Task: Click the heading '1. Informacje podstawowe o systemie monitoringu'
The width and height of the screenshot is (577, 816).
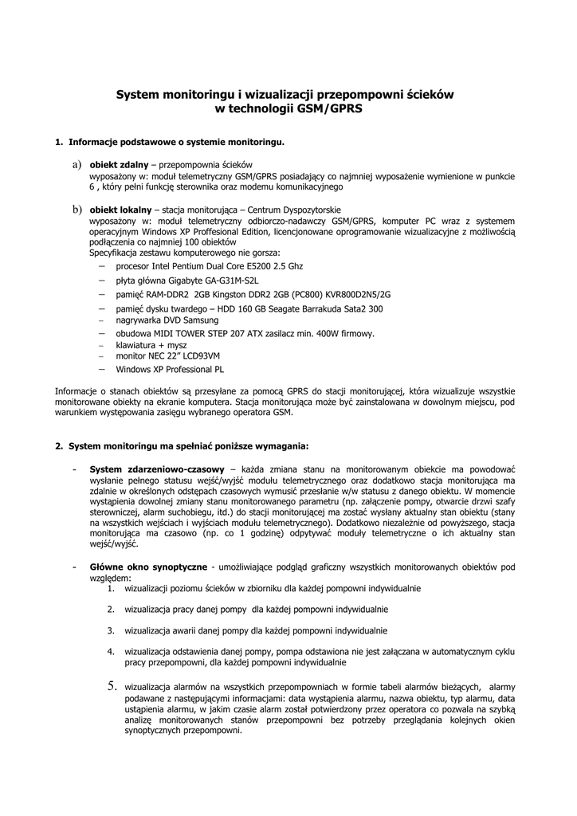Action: (170, 143)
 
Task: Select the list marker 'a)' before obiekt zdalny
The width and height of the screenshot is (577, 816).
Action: (77, 163)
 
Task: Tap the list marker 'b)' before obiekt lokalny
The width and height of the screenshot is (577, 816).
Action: (77, 209)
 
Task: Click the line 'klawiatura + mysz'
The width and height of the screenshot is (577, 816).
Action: (151, 345)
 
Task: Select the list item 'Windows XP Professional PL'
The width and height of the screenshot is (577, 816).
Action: (170, 370)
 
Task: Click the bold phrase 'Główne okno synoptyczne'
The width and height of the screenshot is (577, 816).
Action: (148, 567)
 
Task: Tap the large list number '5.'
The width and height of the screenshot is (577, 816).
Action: (112, 685)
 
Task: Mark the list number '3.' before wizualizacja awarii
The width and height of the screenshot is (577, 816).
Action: (112, 630)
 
